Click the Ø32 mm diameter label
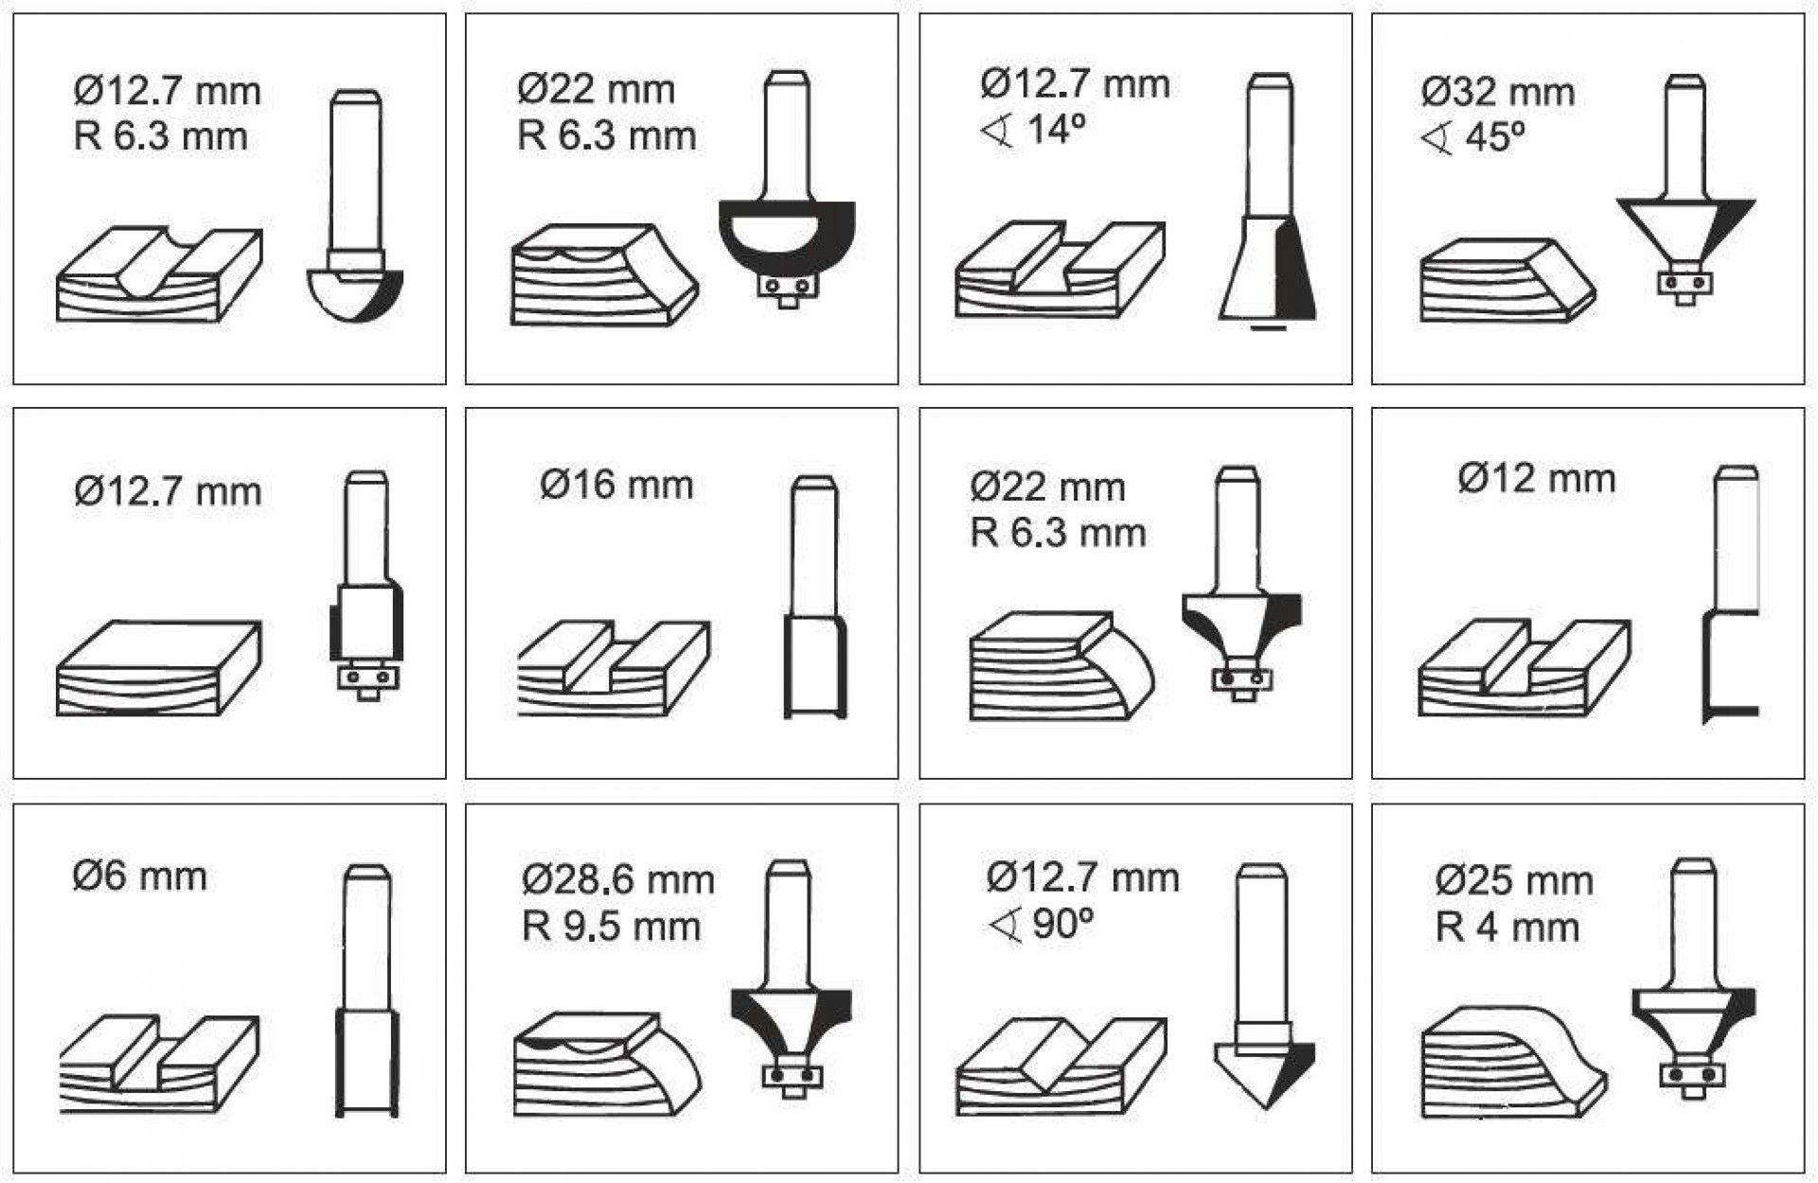[x=1498, y=93]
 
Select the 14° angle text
[x=1033, y=130]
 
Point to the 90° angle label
[x=1041, y=924]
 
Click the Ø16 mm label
[x=616, y=485]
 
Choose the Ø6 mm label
[x=139, y=875]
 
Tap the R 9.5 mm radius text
[x=611, y=926]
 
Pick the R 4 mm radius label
[x=1507, y=927]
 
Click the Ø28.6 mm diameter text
[x=617, y=880]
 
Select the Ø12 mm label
[x=1536, y=479]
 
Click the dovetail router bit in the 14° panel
[x=1268, y=202]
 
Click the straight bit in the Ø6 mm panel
[x=365, y=990]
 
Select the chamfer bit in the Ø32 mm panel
[x=1685, y=189]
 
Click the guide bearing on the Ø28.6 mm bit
[x=793, y=1075]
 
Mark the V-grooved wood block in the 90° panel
[x=1061, y=1067]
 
